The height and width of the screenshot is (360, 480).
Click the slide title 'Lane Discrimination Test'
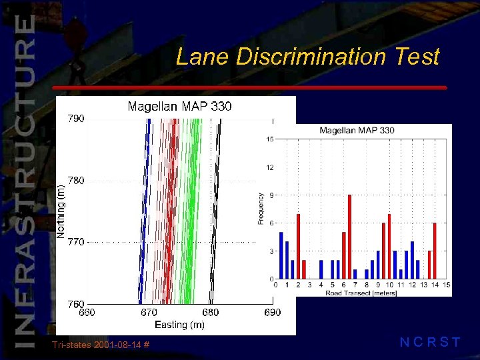(x=307, y=57)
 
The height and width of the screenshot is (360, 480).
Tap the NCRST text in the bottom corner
(x=429, y=343)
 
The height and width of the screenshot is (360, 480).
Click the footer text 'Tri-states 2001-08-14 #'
(x=100, y=345)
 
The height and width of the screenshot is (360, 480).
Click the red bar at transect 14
(x=435, y=251)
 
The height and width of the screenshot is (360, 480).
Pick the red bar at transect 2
(x=298, y=246)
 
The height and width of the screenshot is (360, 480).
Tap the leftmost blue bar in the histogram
(x=281, y=255)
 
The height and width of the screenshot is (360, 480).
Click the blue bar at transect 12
(x=412, y=260)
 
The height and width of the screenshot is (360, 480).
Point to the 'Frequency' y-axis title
(x=261, y=209)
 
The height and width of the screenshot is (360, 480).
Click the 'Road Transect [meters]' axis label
(x=361, y=293)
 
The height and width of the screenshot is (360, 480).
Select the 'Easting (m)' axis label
(x=179, y=325)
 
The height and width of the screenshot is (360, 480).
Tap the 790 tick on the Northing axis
(x=75, y=119)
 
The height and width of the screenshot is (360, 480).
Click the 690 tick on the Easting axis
(x=272, y=312)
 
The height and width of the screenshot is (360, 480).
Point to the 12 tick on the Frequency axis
(x=270, y=167)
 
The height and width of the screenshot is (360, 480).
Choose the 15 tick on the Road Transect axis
(x=446, y=285)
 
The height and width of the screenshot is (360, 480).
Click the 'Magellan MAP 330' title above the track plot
(x=179, y=106)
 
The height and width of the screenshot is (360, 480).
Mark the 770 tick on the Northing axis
(x=75, y=242)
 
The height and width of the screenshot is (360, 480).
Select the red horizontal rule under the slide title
(x=249, y=87)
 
